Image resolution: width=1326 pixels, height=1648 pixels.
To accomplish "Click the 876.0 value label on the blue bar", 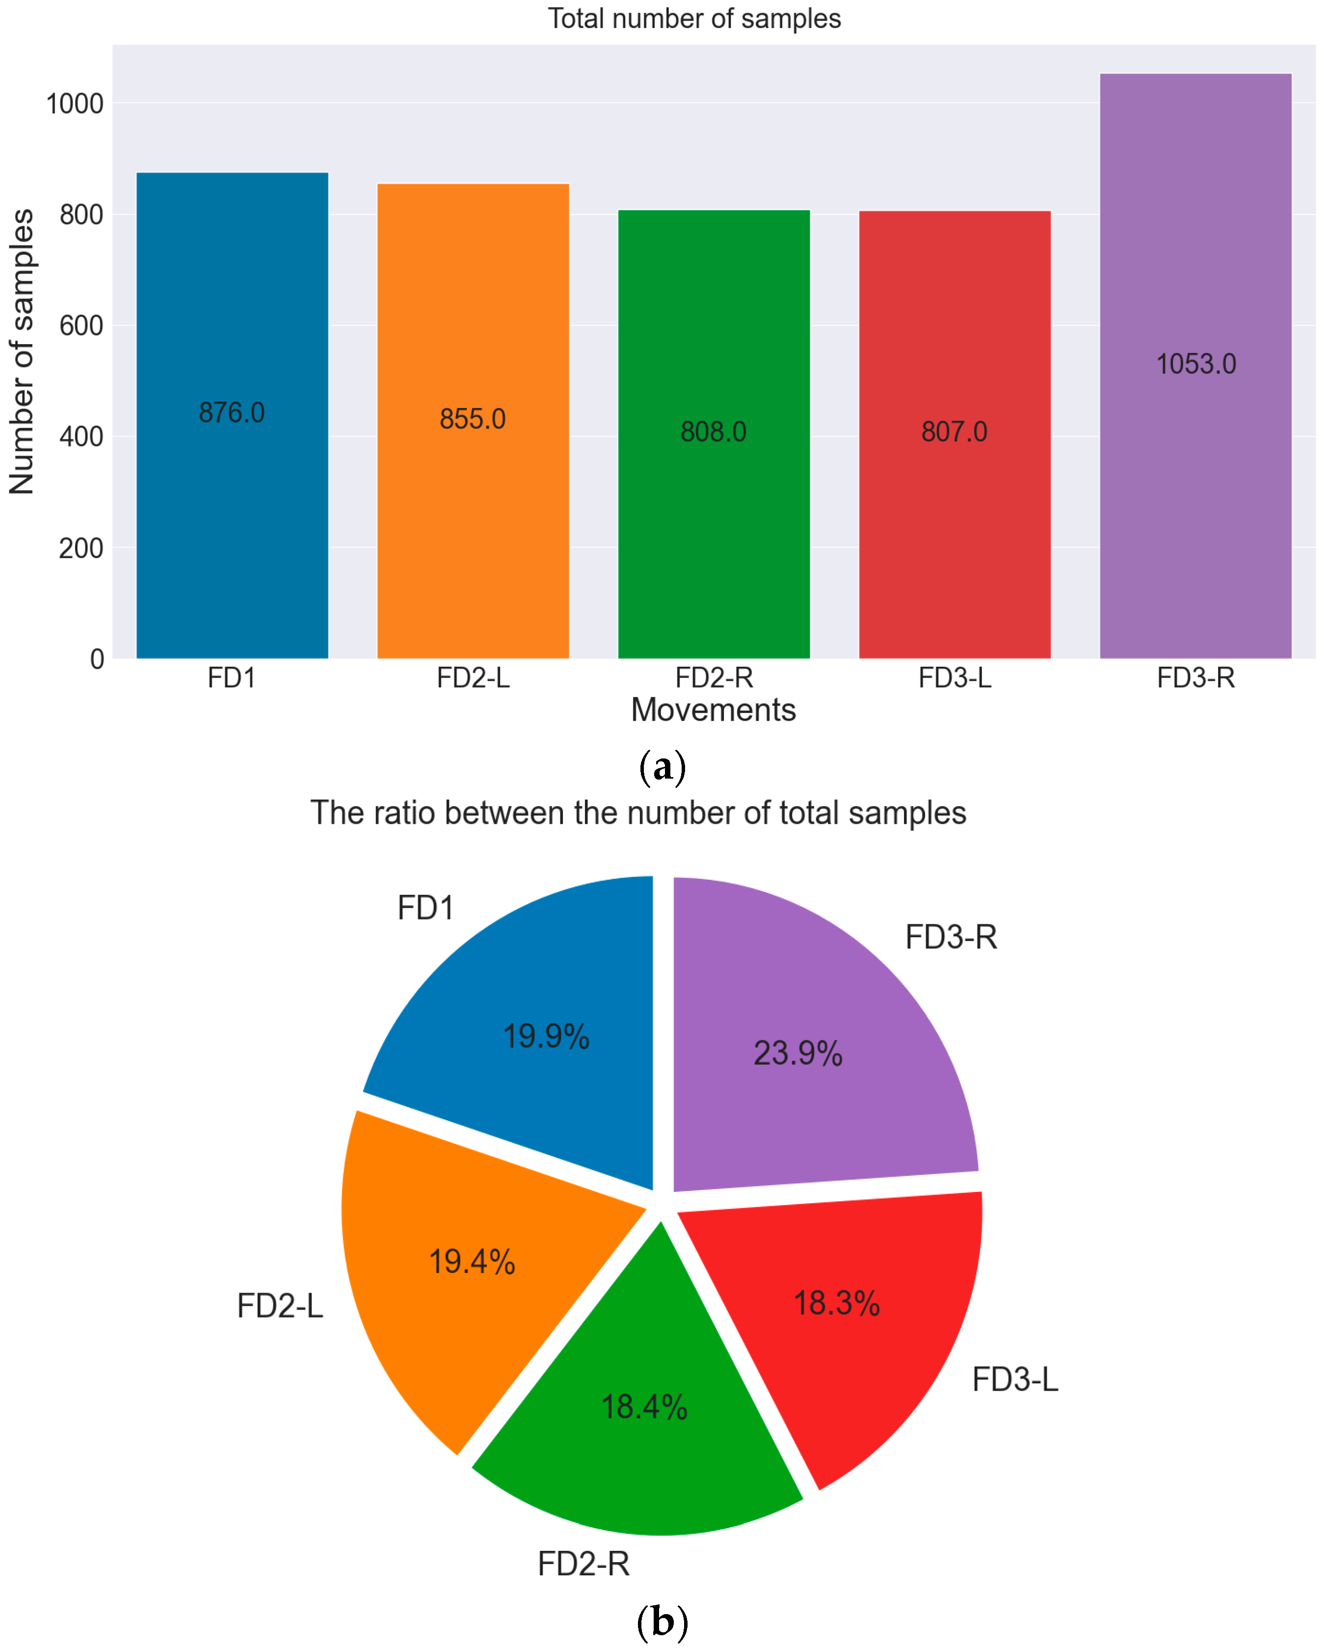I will [232, 413].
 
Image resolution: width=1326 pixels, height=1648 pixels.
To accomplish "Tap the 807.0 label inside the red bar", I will [954, 432].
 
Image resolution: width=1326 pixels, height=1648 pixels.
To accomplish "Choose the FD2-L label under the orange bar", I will [473, 678].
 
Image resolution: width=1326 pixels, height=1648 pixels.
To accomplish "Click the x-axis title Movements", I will [713, 710].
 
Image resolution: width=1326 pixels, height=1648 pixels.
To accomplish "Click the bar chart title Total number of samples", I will [694, 18].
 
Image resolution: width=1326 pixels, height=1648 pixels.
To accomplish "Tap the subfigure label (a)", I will [662, 767].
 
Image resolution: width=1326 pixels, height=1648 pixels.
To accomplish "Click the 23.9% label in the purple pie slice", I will [798, 1054].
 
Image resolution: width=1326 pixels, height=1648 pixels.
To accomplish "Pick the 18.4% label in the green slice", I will [644, 1407].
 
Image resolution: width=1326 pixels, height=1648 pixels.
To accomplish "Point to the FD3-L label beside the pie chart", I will [1015, 1379].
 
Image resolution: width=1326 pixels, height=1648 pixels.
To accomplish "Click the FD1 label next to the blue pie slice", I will [425, 908].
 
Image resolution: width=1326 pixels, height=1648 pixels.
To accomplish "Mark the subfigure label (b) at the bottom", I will [662, 1622].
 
